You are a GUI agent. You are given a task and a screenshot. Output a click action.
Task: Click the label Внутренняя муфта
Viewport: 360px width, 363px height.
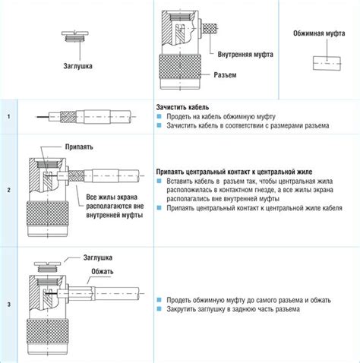point(245,55)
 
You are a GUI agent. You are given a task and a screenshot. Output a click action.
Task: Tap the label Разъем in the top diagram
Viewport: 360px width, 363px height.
point(225,75)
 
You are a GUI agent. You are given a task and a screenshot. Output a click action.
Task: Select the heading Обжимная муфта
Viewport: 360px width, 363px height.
point(319,33)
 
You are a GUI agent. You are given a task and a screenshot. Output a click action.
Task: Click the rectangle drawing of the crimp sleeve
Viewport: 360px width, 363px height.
point(327,63)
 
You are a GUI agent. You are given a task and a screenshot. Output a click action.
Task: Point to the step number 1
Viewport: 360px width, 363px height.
point(9,117)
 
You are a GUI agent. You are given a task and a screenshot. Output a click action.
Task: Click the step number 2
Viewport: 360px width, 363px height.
point(9,190)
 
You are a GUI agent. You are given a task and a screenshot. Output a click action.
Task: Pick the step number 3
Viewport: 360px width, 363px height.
point(9,305)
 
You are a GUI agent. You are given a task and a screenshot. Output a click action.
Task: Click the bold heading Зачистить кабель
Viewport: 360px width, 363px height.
point(182,107)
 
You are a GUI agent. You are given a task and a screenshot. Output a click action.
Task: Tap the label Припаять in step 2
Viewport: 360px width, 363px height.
point(79,147)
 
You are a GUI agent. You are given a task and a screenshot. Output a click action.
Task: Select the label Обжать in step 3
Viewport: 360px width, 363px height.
point(103,271)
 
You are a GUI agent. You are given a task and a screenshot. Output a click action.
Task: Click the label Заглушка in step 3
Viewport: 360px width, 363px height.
point(98,257)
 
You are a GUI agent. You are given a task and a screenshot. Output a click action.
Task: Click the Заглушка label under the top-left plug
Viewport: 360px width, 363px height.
point(77,66)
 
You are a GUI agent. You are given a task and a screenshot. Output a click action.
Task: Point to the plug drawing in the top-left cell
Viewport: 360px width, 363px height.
point(75,36)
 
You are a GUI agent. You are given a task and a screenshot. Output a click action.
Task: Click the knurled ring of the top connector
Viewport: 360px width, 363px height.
point(180,67)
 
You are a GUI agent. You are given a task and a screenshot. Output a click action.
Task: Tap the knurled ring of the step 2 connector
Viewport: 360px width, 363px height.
point(47,213)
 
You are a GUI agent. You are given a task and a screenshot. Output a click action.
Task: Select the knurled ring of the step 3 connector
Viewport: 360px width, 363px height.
point(47,331)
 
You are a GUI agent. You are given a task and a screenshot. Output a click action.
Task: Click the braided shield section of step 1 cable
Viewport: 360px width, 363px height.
point(68,117)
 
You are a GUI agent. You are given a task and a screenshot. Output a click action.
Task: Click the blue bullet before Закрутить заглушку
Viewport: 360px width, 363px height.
point(159,308)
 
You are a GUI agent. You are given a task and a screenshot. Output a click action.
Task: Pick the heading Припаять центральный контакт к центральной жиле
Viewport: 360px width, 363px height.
point(234,172)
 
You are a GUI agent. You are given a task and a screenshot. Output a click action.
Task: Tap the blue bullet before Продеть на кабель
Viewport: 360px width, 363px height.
point(159,116)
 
